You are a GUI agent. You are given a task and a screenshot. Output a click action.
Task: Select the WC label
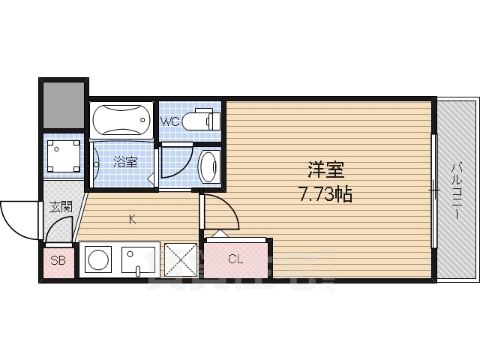(169, 120)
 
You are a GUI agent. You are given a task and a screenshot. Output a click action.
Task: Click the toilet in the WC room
(201, 120)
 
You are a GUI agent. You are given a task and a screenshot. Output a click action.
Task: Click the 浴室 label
(125, 161)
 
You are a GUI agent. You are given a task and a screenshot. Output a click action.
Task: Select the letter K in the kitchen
(132, 219)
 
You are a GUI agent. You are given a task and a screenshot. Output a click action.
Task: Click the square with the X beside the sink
(181, 260)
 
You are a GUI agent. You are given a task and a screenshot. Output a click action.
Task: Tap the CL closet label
(235, 260)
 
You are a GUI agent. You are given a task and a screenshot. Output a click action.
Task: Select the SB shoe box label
(58, 261)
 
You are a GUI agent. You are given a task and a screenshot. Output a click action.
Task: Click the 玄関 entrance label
(61, 206)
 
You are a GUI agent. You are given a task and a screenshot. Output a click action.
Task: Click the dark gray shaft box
(63, 105)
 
